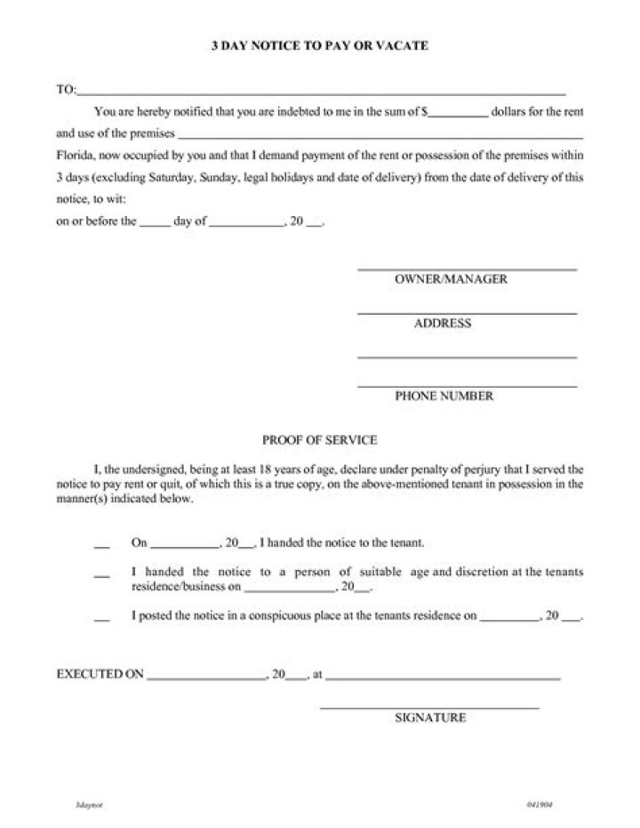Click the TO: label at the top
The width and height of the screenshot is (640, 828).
coord(66,90)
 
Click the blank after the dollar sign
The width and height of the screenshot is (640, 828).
coord(460,115)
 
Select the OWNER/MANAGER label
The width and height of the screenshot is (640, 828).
coord(451,279)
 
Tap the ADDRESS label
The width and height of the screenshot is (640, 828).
coord(443,324)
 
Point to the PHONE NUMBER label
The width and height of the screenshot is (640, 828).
coord(444,397)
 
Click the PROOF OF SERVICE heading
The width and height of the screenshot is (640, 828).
coord(320,440)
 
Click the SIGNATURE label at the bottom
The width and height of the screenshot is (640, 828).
coord(430,718)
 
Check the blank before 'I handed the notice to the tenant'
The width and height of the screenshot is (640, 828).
coord(100,543)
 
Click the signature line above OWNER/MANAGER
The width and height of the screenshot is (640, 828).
coord(467,269)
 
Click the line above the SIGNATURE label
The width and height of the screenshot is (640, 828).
coord(429,708)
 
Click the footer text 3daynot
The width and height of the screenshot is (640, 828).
coord(86,804)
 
